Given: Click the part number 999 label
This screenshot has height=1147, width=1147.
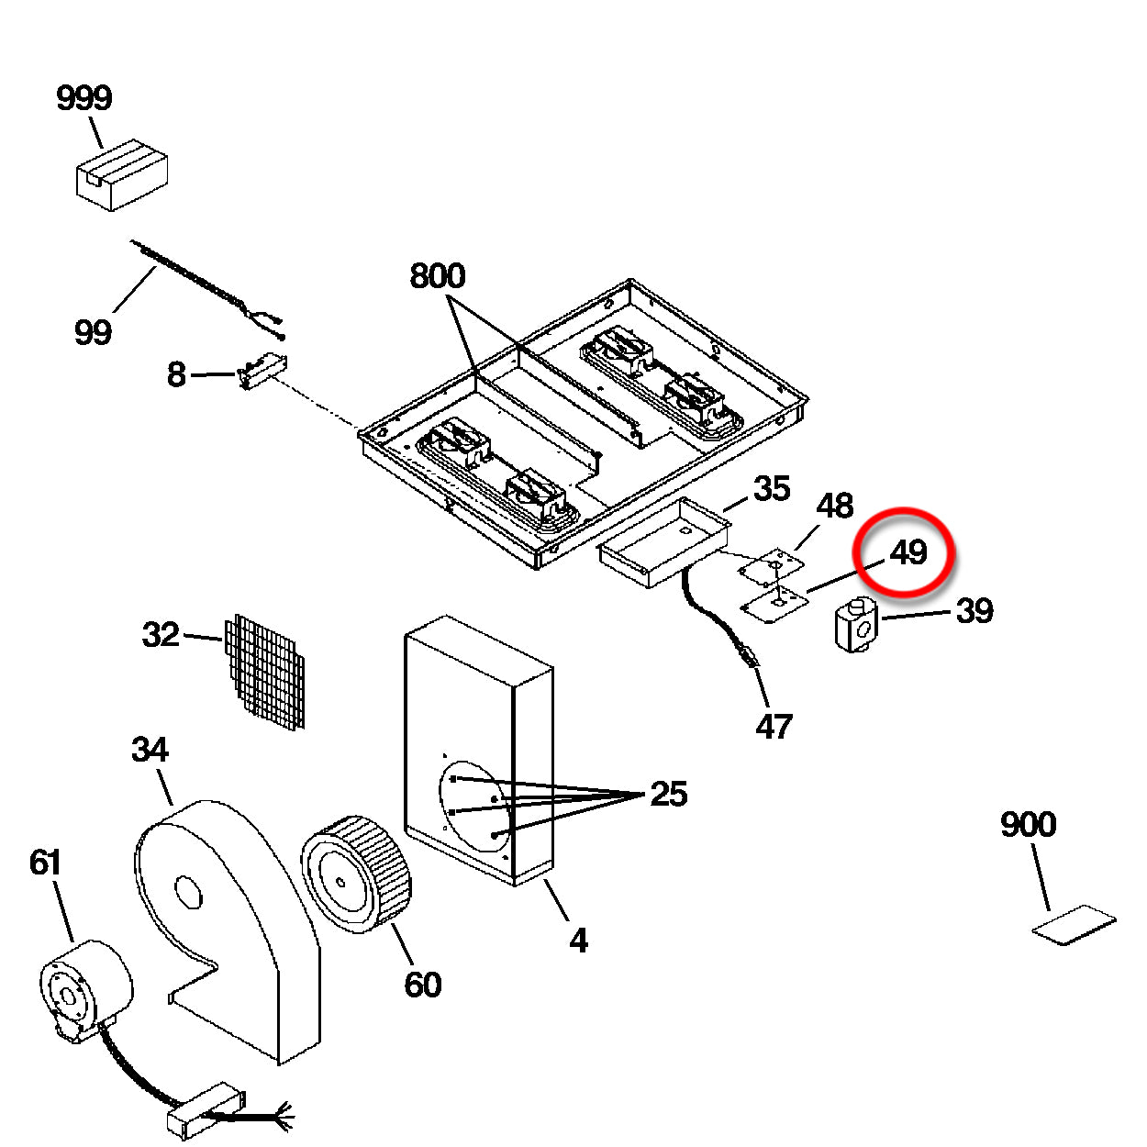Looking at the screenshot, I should click(x=84, y=98).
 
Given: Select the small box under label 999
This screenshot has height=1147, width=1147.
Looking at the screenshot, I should click(x=121, y=174).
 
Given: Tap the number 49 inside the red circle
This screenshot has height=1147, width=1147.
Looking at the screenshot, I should click(x=908, y=552).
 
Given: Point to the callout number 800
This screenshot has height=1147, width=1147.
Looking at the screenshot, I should click(x=437, y=275).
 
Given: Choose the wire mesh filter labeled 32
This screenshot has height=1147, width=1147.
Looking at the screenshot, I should click(x=265, y=671).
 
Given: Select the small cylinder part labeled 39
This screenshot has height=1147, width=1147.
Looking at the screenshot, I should click(x=855, y=625).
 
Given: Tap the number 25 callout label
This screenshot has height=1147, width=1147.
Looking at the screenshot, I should click(x=668, y=794).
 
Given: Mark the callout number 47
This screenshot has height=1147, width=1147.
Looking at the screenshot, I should click(x=774, y=727).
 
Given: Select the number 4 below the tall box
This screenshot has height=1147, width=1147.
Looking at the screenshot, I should click(x=577, y=940).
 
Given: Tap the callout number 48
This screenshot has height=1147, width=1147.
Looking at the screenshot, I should click(x=834, y=506).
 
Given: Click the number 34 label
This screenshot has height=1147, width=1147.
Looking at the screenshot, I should click(x=150, y=750).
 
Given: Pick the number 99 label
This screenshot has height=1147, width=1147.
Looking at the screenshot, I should click(x=93, y=331).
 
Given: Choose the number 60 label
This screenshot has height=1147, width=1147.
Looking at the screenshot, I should click(x=422, y=985).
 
